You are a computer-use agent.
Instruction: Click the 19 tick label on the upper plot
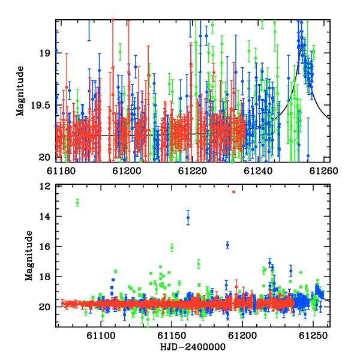point(44,53)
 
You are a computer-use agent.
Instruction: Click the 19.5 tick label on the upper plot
point(40,106)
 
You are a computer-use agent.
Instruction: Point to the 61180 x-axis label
point(61,171)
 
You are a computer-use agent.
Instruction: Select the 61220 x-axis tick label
point(193,171)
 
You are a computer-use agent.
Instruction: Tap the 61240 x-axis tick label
point(258,171)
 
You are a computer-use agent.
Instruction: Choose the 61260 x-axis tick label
point(324,171)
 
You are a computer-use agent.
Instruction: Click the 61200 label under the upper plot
point(127,171)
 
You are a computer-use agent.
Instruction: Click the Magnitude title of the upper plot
point(20,91)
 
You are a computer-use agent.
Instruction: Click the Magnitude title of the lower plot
point(29,256)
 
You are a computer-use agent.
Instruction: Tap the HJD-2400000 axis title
point(193,347)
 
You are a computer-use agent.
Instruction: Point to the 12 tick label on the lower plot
point(45,186)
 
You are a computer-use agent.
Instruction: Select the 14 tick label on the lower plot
point(45,216)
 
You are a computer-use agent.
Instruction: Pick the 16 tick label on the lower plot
point(45,247)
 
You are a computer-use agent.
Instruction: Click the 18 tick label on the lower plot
point(45,277)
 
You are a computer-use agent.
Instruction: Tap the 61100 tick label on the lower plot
point(101,335)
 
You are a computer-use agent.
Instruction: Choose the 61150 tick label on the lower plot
point(172,335)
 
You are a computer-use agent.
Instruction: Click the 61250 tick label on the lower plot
point(313,335)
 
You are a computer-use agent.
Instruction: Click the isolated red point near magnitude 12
point(234,192)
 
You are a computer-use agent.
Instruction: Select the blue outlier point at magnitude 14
point(188,218)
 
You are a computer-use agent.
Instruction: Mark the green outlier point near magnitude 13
point(77,203)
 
